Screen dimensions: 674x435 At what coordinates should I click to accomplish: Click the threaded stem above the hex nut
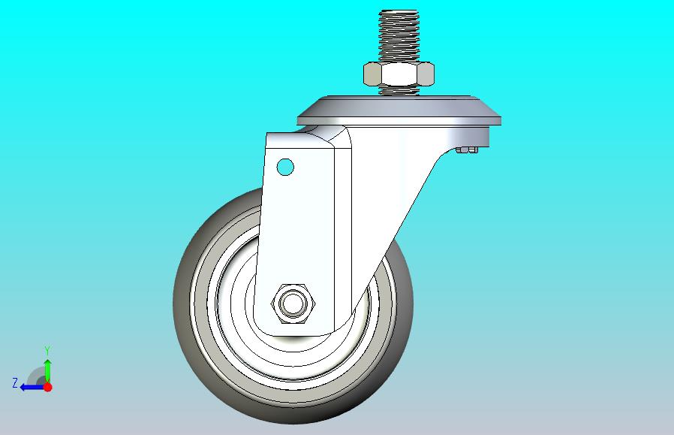(399, 36)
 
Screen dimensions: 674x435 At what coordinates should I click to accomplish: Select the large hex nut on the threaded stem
(399, 74)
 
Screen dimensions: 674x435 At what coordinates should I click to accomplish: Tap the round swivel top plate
(399, 111)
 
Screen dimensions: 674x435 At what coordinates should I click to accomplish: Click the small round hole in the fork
(285, 167)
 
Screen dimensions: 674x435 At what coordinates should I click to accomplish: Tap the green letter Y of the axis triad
(48, 351)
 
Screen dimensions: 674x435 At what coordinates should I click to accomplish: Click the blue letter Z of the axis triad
(15, 383)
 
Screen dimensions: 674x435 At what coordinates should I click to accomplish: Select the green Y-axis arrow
(48, 371)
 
